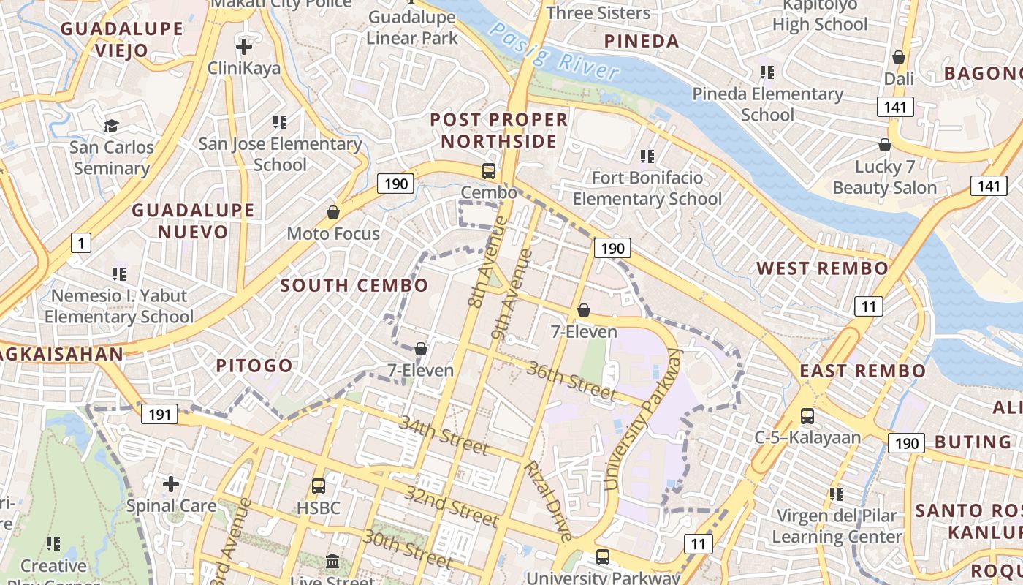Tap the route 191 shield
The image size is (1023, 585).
coord(159,415)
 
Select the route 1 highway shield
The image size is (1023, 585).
coord(80,242)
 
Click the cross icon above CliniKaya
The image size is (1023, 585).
coord(244,48)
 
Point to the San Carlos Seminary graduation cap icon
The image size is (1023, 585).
coord(111,126)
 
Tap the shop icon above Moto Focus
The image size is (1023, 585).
coord(333,212)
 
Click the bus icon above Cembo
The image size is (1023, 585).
coord(489,171)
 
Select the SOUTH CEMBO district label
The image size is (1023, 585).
coord(354,285)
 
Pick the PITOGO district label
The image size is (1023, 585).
coord(254,366)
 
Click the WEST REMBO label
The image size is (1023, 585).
coord(822,268)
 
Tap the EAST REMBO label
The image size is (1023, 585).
coord(862,371)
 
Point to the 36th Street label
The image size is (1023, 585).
coord(571,380)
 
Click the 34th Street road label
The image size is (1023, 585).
coord(443,434)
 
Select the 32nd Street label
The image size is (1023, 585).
coord(452,505)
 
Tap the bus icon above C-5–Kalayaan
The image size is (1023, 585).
coord(807,416)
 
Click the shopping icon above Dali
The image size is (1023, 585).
coord(899,57)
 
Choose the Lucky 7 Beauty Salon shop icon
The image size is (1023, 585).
coord(885,145)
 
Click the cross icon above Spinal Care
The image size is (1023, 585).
coord(171,483)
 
